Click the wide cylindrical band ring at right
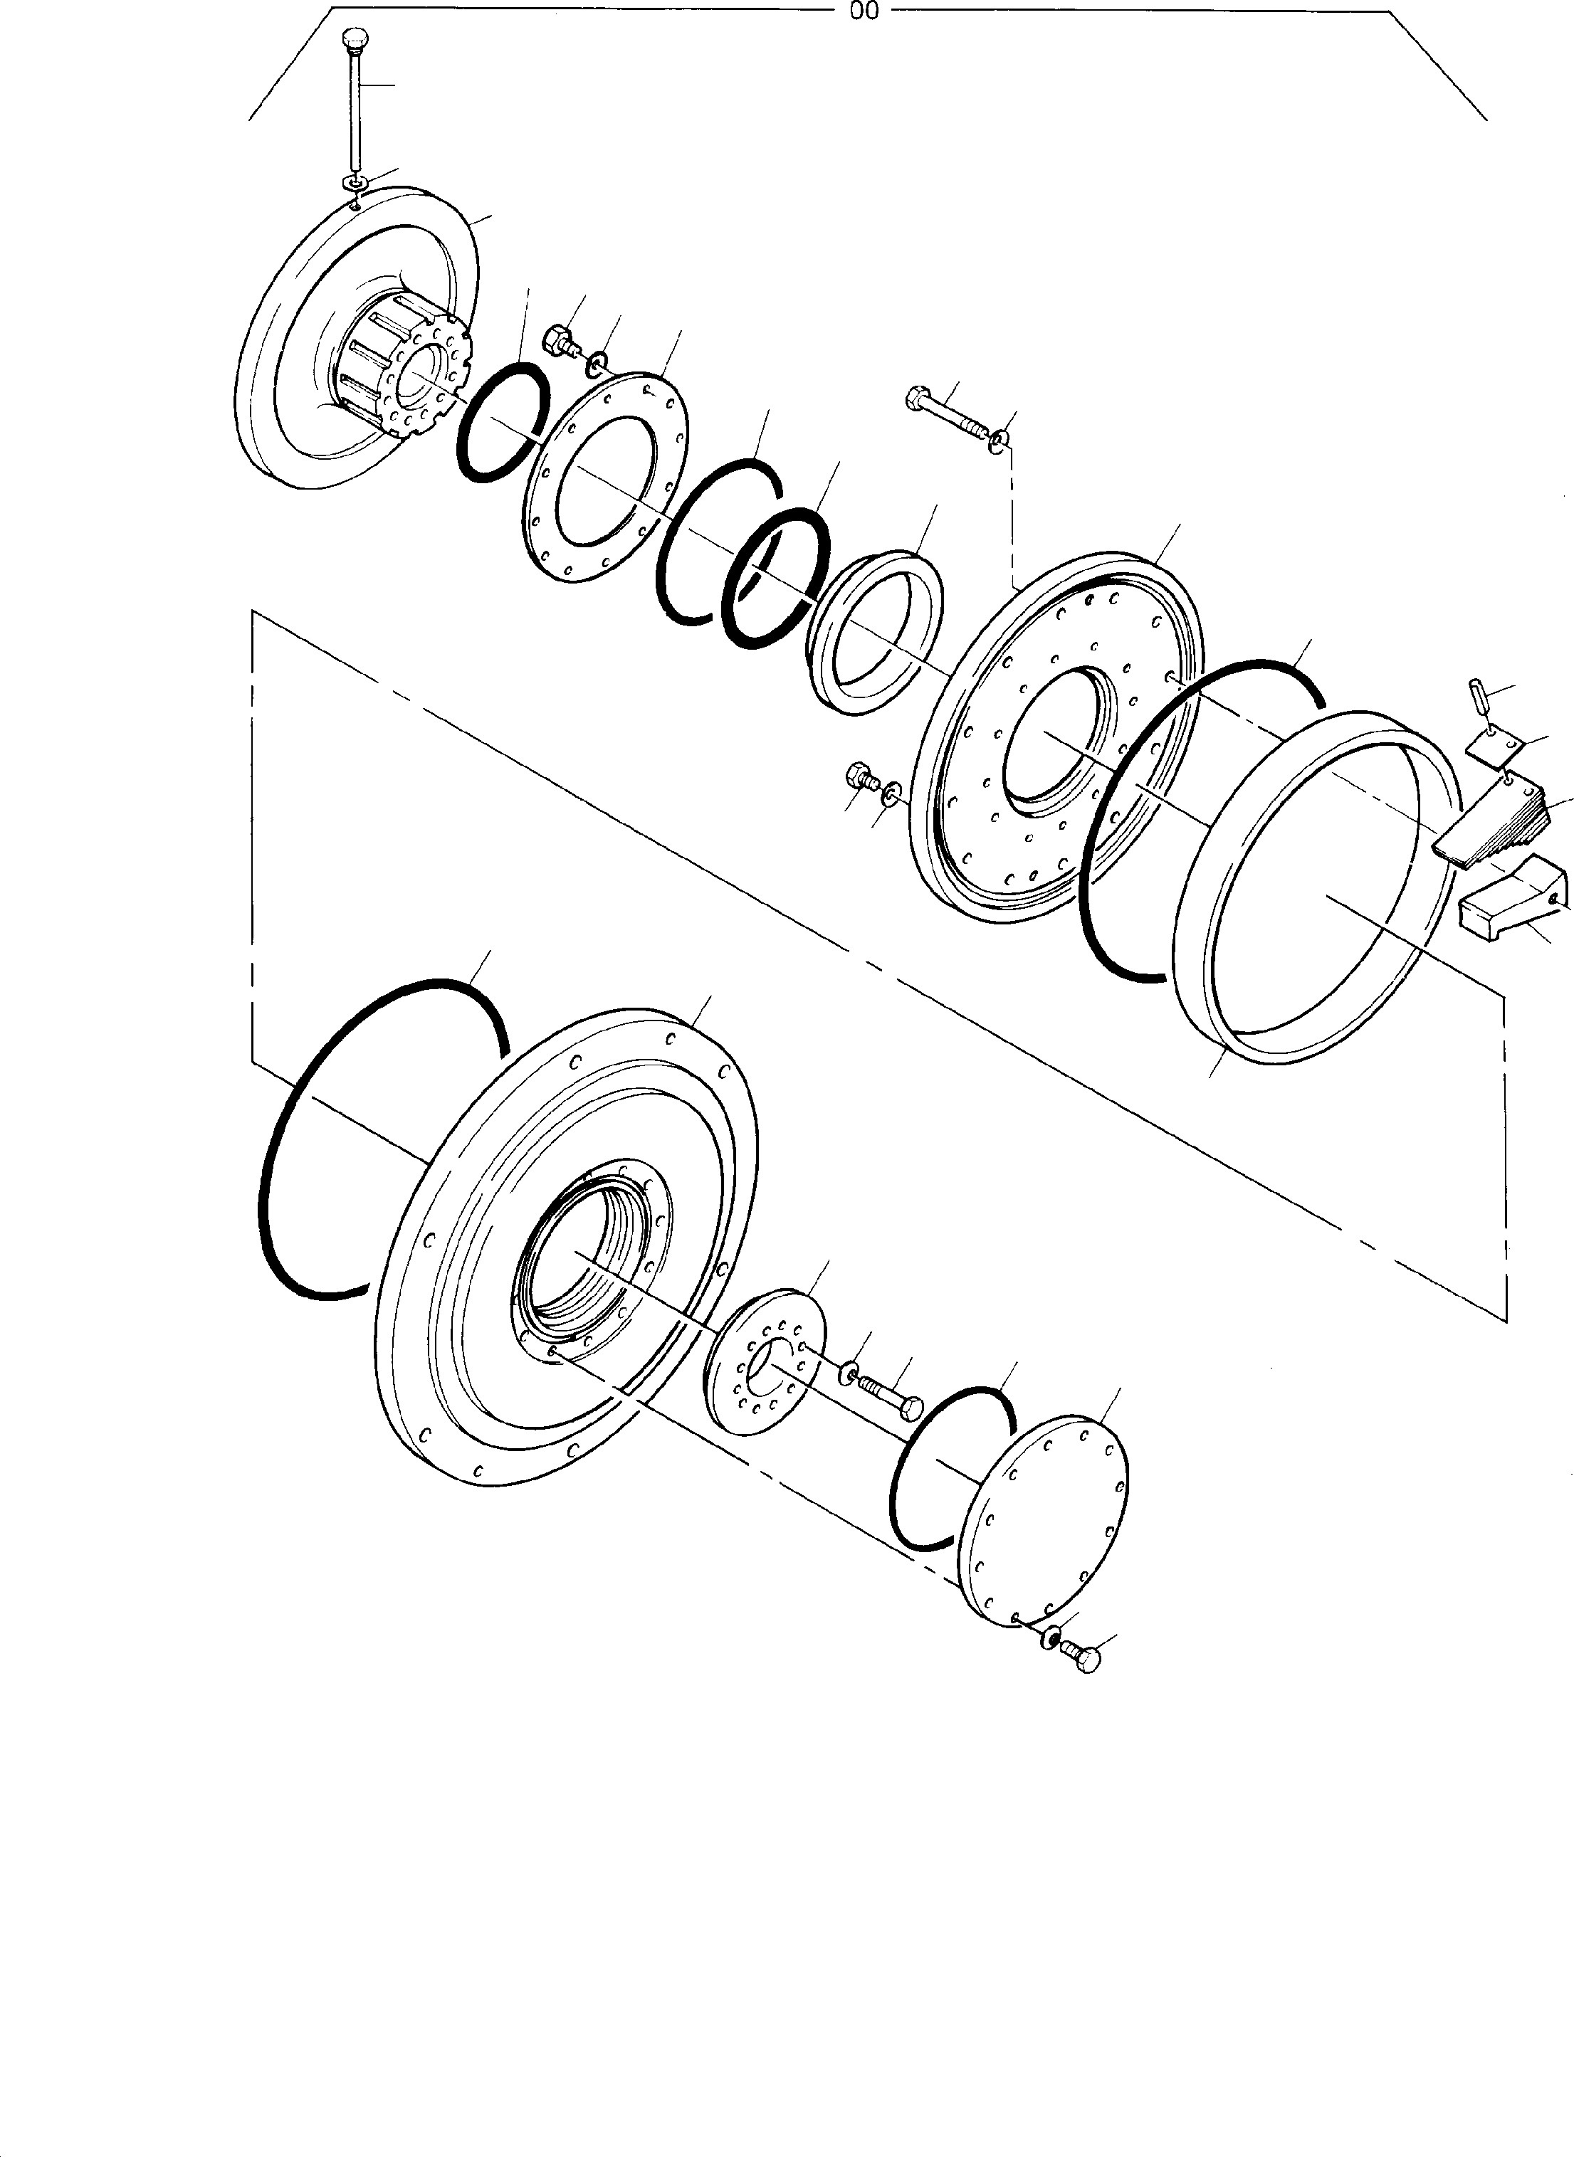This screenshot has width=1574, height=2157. click(1315, 886)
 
